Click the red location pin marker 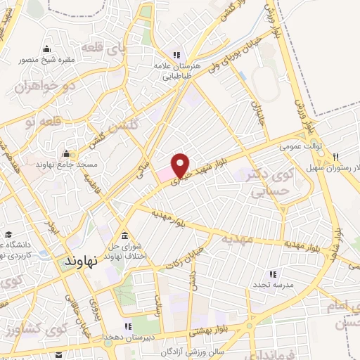[x=181, y=165]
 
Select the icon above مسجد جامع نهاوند [x=67, y=153]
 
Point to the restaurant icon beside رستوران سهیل [x=337, y=157]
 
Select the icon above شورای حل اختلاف [x=124, y=235]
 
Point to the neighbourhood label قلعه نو [x=40, y=122]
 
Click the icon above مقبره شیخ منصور [x=46, y=49]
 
